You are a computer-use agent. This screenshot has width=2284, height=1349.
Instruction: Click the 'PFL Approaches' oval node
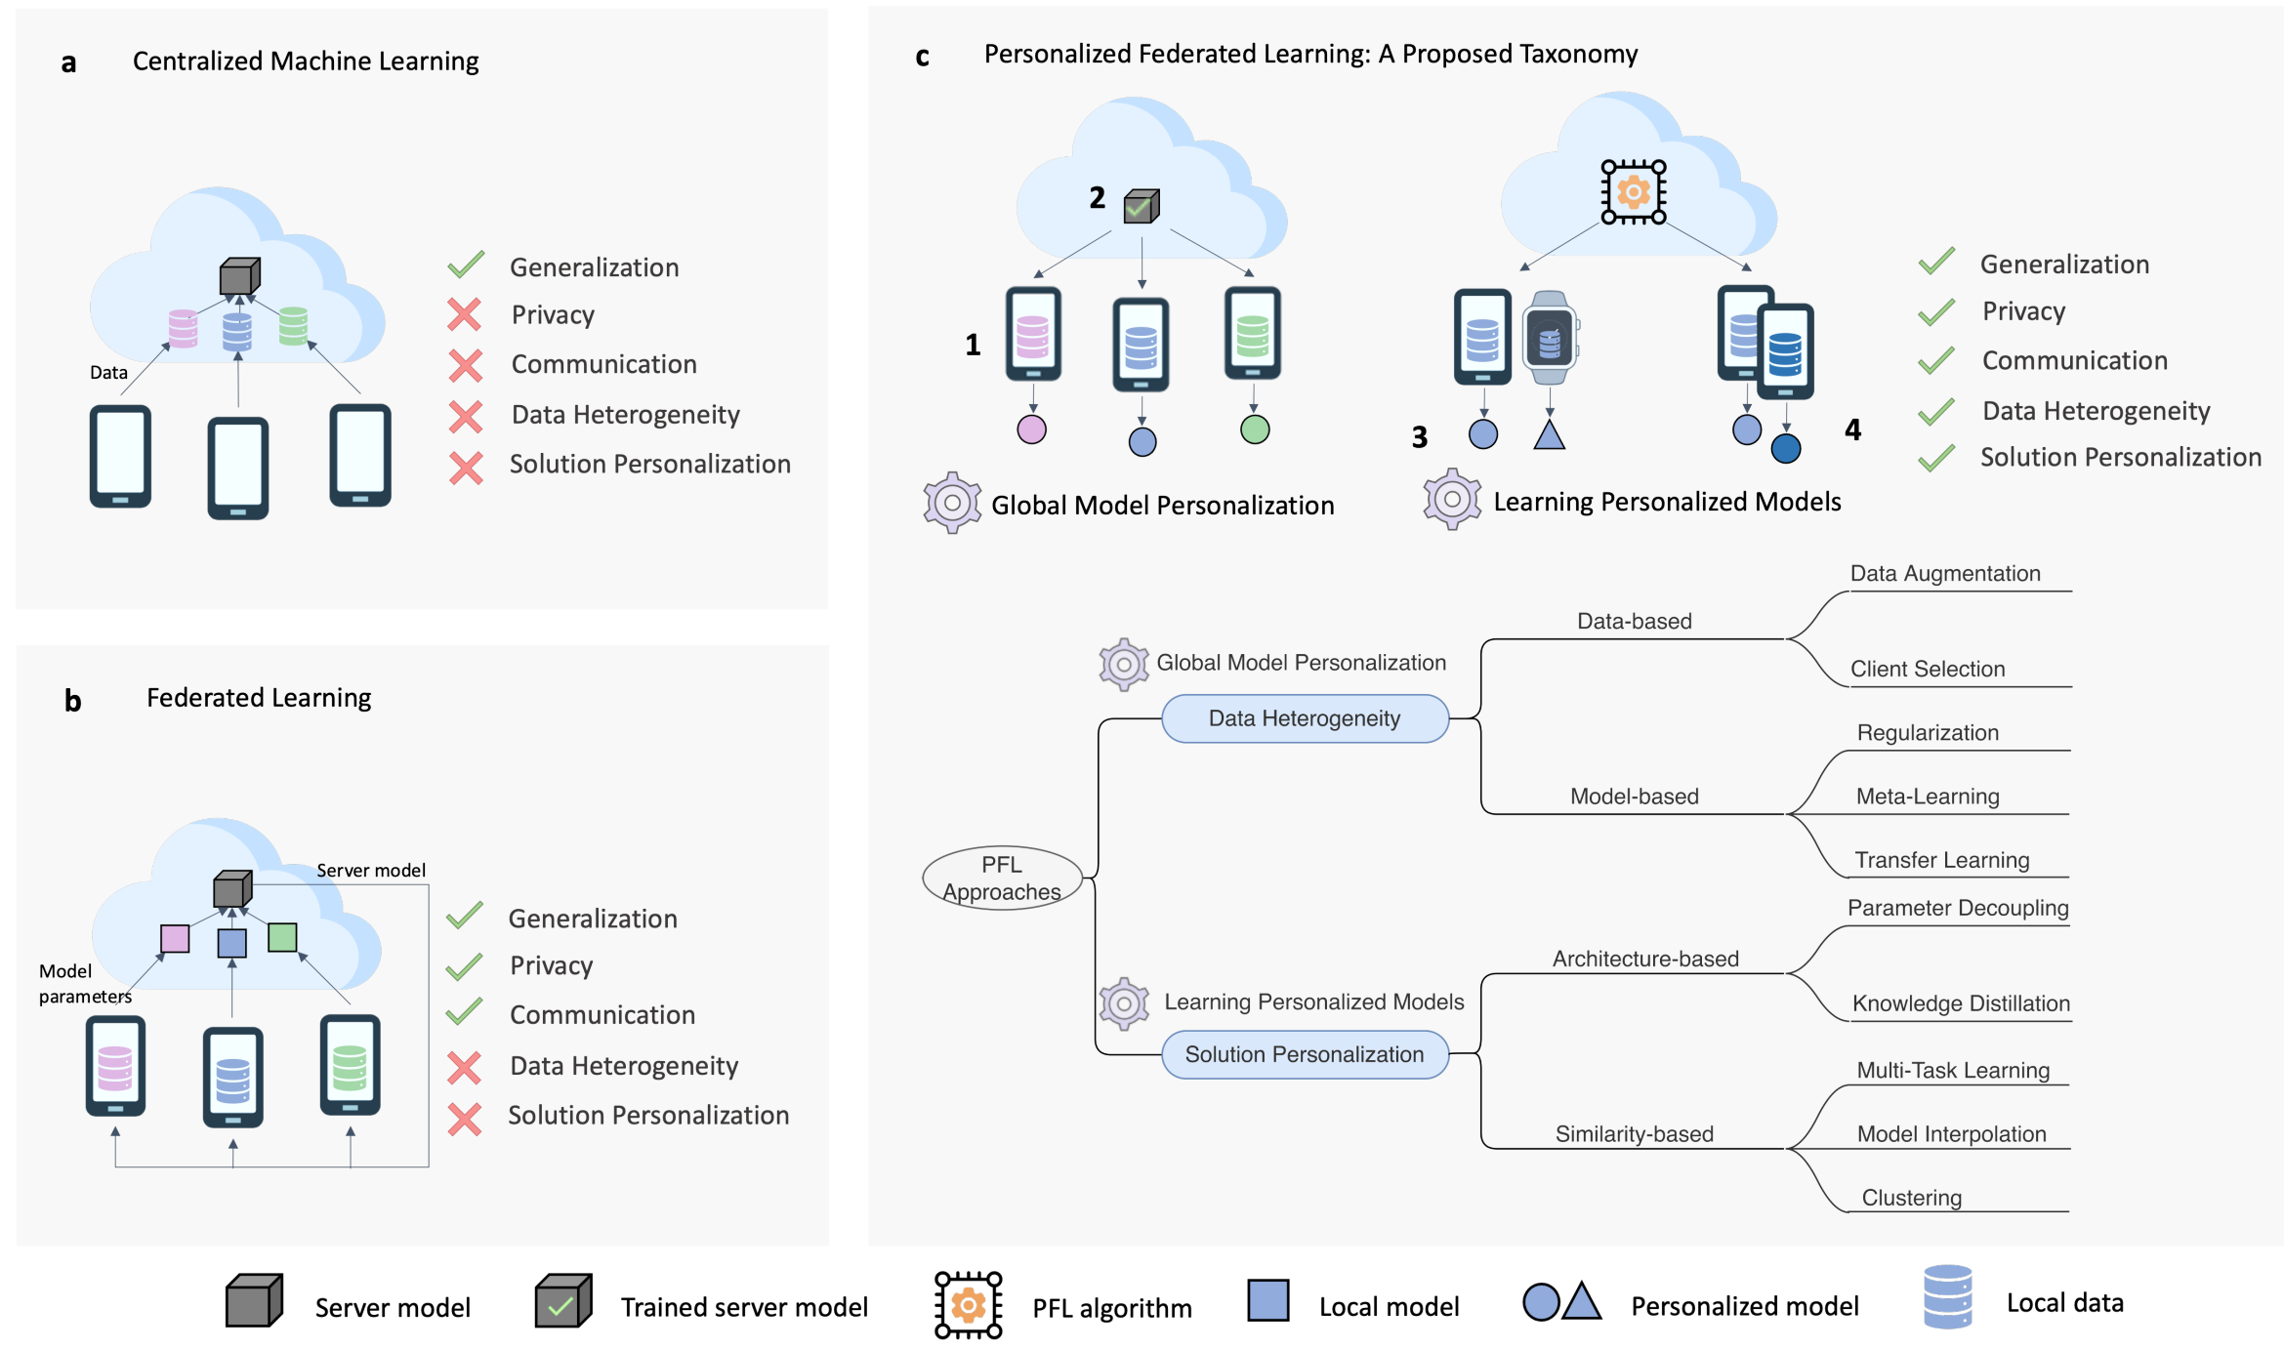(1002, 878)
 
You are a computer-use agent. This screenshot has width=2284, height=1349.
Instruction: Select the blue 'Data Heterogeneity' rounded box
(1305, 718)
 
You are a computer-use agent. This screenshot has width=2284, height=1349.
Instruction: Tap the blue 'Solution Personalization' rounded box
(1305, 1054)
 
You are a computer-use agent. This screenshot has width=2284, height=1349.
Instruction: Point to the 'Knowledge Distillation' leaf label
(1961, 1003)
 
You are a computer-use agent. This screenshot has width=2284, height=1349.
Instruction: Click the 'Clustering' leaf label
(1911, 1198)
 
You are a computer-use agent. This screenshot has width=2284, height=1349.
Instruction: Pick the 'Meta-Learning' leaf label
(1928, 797)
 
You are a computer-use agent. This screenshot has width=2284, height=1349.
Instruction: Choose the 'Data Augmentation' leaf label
(1945, 574)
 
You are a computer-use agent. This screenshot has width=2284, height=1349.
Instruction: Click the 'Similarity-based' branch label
(1634, 1134)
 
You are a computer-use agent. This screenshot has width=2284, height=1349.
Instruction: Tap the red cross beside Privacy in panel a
(465, 314)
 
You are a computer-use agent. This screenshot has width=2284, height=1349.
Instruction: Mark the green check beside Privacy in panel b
(465, 965)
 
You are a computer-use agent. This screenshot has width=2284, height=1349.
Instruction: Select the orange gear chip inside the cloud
(1633, 192)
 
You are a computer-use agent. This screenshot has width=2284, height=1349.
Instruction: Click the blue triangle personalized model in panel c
(1549, 434)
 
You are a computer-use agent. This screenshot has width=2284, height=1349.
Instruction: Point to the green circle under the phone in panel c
(1255, 429)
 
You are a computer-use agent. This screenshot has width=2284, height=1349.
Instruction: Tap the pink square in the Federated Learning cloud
(175, 938)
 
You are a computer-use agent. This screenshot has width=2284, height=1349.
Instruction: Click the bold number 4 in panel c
(1852, 429)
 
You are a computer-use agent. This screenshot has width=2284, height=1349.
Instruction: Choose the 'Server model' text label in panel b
(371, 871)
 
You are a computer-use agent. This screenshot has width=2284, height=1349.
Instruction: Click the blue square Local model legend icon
(1267, 1301)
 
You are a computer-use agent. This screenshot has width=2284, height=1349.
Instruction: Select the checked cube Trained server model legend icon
(563, 1301)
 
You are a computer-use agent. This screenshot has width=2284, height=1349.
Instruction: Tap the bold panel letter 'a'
(68, 63)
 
